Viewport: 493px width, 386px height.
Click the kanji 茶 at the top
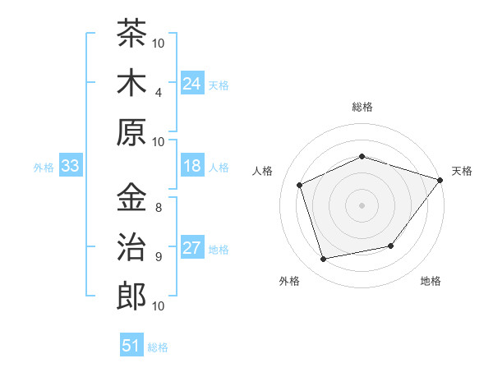(131, 33)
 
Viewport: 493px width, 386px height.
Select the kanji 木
(131, 82)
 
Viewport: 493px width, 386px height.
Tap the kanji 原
(131, 132)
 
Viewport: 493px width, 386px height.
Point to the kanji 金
(131, 197)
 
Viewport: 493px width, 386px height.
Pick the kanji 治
(131, 246)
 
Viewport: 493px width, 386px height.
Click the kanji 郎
(131, 296)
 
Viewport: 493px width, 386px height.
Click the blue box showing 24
(192, 83)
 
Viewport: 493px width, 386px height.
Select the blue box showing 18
(192, 165)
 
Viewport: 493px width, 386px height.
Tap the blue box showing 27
(192, 246)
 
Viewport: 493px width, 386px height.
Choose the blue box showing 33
(71, 165)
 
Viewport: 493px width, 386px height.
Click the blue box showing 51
(131, 344)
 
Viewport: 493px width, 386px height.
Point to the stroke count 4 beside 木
(159, 93)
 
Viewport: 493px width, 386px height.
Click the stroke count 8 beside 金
(159, 208)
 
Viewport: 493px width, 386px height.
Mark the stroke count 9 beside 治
(159, 257)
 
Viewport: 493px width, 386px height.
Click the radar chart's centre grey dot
(362, 205)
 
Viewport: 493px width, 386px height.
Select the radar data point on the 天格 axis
(440, 180)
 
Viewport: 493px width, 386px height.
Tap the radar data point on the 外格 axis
(324, 259)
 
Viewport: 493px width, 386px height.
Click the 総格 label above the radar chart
(362, 107)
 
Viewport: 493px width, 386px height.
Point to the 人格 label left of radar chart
(262, 171)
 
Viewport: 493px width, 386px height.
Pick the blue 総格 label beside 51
(158, 347)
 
